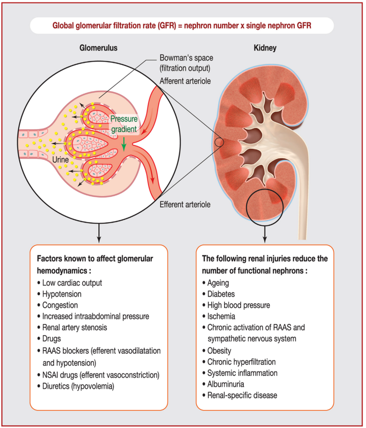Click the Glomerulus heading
[98, 48]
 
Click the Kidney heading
[265, 48]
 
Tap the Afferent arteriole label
[185, 81]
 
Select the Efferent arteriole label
[185, 205]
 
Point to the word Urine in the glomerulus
[60, 159]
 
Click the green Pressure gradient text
[124, 124]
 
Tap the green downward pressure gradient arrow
[124, 144]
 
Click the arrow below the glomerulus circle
[99, 233]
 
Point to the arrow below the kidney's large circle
[264, 234]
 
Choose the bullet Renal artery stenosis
[72, 328]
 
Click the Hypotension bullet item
[59, 294]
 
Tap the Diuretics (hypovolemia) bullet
[76, 387]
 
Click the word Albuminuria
[226, 384]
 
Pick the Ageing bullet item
[216, 283]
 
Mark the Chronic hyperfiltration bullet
[239, 362]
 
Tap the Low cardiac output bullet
[70, 283]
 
